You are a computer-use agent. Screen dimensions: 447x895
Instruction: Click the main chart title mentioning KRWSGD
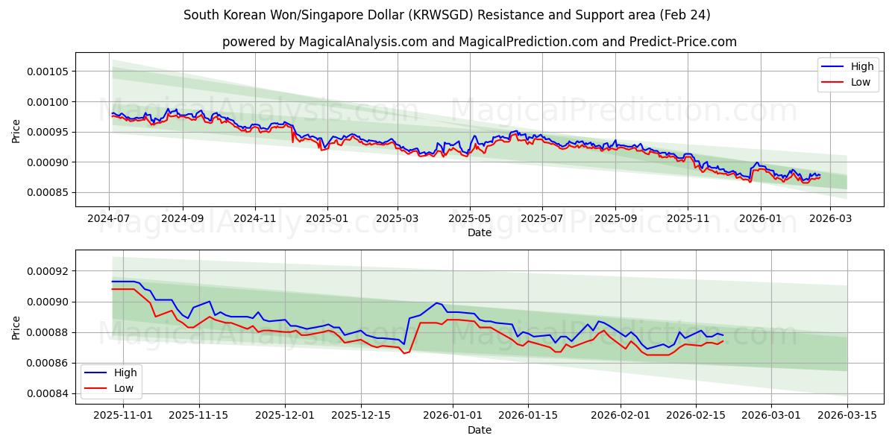coord(447,15)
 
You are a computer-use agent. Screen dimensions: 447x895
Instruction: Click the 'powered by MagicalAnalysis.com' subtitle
coord(479,42)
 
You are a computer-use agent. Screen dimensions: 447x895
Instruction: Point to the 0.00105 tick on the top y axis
coord(48,72)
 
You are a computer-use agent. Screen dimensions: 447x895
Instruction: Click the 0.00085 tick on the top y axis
coord(48,193)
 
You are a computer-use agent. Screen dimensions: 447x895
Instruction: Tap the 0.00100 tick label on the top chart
coord(48,102)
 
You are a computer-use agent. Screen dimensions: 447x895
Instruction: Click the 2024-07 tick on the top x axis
coord(110,219)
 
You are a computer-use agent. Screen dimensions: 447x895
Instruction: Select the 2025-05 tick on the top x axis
coord(470,219)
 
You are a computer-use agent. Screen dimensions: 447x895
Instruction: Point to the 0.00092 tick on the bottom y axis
coord(48,271)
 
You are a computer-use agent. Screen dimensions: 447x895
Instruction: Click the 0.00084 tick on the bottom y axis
coord(48,393)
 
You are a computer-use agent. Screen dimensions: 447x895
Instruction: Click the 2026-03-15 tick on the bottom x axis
coord(847,416)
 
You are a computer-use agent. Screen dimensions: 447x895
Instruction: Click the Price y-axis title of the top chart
coord(16,132)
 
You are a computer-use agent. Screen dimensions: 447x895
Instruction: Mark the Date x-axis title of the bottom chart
coord(479,430)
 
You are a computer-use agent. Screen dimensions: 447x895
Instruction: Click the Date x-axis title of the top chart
coord(479,232)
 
